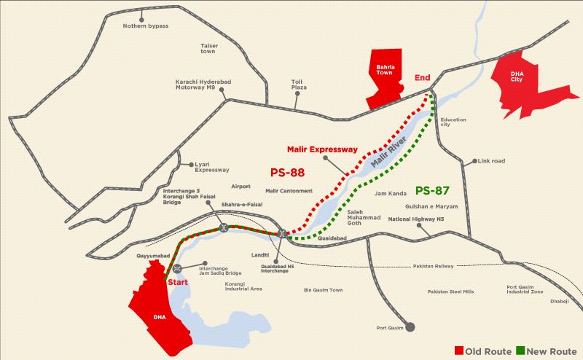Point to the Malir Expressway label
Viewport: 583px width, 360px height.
[x=323, y=149]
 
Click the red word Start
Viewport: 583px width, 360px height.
[x=180, y=281]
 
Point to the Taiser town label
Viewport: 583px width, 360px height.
[x=209, y=48]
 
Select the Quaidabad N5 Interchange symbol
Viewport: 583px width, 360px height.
[x=281, y=233]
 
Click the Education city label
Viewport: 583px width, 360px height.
[x=453, y=123]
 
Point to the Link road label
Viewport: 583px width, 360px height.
[x=491, y=160]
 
